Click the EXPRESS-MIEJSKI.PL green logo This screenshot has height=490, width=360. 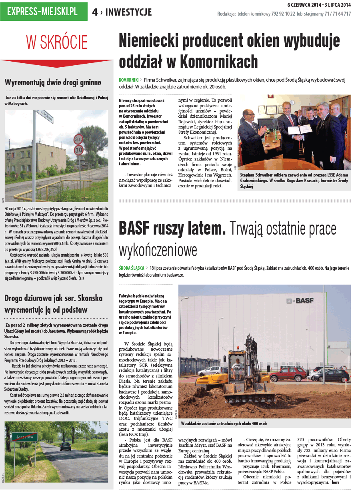pyautogui.click(x=44, y=11)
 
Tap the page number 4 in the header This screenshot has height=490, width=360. pyautogui.click(x=95, y=12)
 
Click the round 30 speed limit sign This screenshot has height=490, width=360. pyautogui.click(x=79, y=151)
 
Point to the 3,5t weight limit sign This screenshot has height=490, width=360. pyautogui.click(x=78, y=139)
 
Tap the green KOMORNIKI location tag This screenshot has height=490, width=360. pyautogui.click(x=128, y=80)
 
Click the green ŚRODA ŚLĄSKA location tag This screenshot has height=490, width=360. pyautogui.click(x=132, y=268)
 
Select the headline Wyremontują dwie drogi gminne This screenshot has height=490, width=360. pyautogui.click(x=53, y=83)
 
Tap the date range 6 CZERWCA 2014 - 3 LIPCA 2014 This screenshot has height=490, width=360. pyautogui.click(x=319, y=4)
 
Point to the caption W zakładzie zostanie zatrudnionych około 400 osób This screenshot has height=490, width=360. pyautogui.click(x=224, y=423)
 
